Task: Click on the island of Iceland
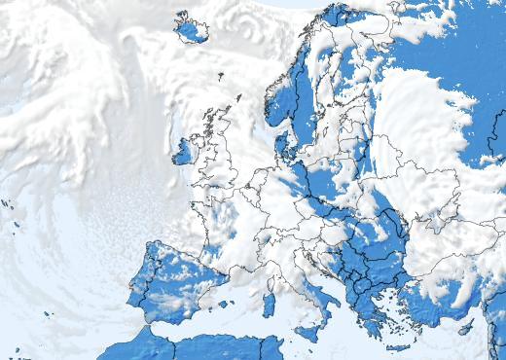[x=193, y=28]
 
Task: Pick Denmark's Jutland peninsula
[x=281, y=146]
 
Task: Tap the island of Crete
[x=397, y=347]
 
